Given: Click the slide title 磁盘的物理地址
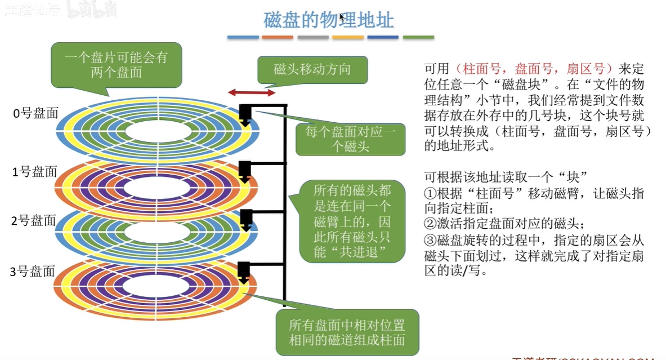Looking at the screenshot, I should coord(329,20).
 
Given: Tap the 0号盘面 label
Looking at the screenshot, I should coord(35,113).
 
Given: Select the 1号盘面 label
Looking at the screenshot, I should coord(35,171).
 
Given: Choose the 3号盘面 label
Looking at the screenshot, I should coord(33,271).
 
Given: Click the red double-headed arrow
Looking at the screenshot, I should coord(252,92).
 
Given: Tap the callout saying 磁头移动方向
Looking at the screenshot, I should coord(312,69).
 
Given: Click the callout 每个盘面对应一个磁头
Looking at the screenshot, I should coord(351,139).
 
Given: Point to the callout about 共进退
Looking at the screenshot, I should coord(352,221).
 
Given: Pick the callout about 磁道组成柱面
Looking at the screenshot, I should coord(347,332).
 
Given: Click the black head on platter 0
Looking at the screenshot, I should coord(245,113).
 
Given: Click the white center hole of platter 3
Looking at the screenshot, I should coord(159,286).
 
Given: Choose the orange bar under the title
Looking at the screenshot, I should coord(278,37).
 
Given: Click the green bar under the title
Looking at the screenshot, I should coord(418,37).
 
